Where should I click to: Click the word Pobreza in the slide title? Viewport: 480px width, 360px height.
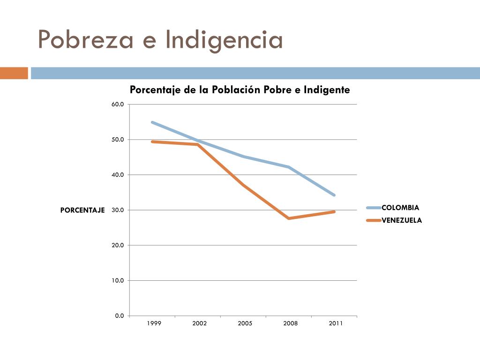pyautogui.click(x=86, y=39)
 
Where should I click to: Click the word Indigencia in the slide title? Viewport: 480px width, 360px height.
pyautogui.click(x=224, y=41)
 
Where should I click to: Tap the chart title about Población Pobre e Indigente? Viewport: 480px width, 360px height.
pyautogui.click(x=240, y=90)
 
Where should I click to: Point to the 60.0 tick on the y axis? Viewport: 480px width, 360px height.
pyautogui.click(x=118, y=105)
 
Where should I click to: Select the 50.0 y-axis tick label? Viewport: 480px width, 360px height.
pyautogui.click(x=118, y=140)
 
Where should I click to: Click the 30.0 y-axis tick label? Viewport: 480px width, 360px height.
pyautogui.click(x=118, y=210)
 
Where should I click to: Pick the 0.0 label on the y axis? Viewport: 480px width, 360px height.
pyautogui.click(x=120, y=315)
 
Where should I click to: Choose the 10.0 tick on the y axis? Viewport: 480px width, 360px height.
pyautogui.click(x=118, y=280)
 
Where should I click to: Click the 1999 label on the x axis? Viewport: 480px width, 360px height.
pyautogui.click(x=154, y=323)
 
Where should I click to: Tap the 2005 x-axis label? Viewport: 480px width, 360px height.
pyautogui.click(x=245, y=323)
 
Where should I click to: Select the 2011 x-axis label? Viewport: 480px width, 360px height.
pyautogui.click(x=336, y=323)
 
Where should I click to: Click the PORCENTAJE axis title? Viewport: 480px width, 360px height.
pyautogui.click(x=82, y=210)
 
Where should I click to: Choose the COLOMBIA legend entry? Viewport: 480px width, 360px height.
pyautogui.click(x=393, y=208)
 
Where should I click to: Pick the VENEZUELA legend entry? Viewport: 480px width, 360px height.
pyautogui.click(x=394, y=220)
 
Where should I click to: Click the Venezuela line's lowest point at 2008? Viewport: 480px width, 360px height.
pyautogui.click(x=289, y=218)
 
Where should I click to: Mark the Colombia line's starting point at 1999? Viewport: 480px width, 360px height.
pyautogui.click(x=152, y=122)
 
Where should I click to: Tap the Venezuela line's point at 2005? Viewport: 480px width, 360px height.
pyautogui.click(x=243, y=185)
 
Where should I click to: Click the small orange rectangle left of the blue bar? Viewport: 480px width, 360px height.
pyautogui.click(x=14, y=73)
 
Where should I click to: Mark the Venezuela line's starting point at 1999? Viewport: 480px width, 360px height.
pyautogui.click(x=152, y=142)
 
